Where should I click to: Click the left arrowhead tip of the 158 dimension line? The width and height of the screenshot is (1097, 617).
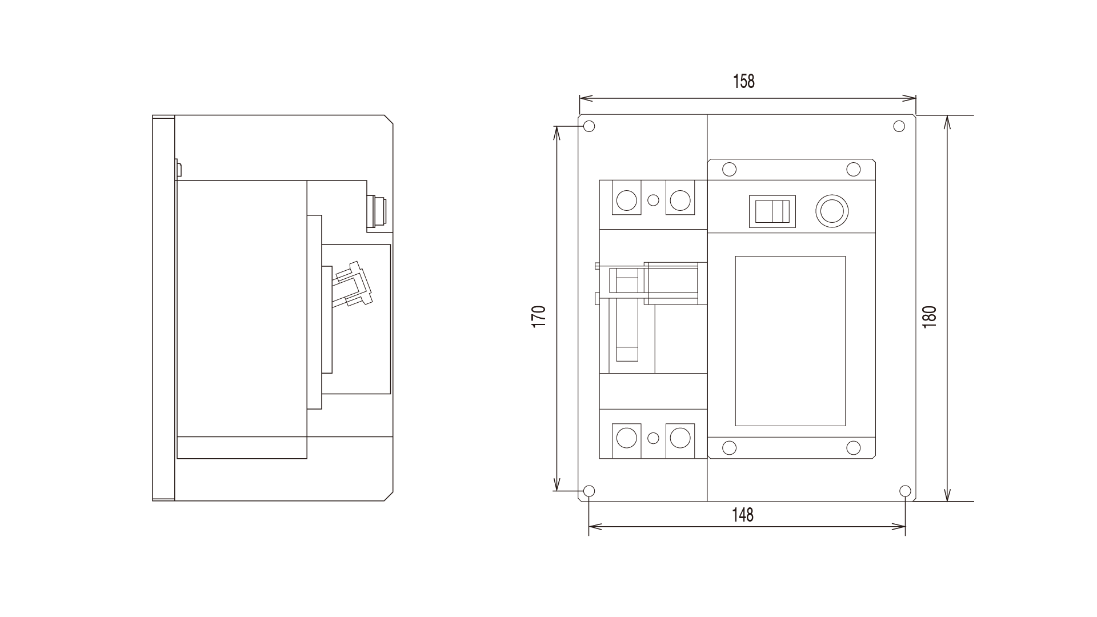point(580,99)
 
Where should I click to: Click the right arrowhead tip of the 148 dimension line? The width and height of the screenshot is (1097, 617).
point(906,526)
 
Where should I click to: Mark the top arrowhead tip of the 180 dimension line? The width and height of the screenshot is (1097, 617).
point(947,116)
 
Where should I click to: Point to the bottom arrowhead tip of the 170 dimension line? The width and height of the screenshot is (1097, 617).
point(556,490)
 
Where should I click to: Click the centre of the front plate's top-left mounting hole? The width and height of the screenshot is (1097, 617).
point(589,126)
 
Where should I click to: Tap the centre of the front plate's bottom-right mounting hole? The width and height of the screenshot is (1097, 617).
point(905,491)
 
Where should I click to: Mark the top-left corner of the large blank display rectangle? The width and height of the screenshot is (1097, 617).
point(735,257)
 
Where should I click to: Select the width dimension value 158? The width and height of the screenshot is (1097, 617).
point(744,82)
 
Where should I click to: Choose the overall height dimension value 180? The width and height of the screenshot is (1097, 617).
point(930,317)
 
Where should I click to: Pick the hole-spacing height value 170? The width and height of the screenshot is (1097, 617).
point(539,316)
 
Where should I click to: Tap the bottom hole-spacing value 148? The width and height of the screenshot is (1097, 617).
point(743,515)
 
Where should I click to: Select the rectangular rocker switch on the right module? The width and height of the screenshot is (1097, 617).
point(772,211)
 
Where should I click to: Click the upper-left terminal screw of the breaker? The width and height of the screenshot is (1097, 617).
point(626,200)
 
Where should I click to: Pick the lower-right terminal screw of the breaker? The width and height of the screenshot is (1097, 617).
point(680,438)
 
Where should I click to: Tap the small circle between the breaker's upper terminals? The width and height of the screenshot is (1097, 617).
point(654,200)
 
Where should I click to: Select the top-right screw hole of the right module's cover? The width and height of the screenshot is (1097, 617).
point(853,169)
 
